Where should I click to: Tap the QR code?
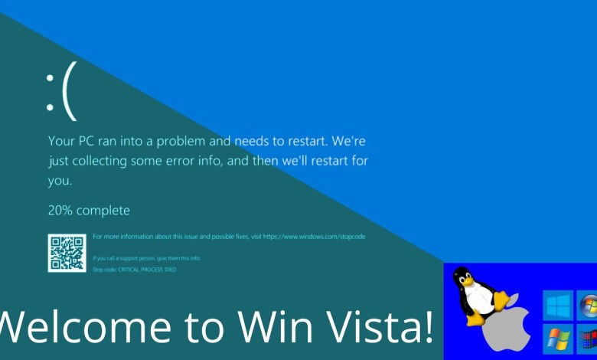tap(67, 253)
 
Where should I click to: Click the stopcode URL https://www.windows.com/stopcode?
tap(314, 237)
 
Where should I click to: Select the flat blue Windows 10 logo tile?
tap(558, 306)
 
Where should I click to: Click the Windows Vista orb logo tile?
tap(587, 306)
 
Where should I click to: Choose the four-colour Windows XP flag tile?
tap(558, 339)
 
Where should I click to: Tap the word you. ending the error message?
tap(60, 181)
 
